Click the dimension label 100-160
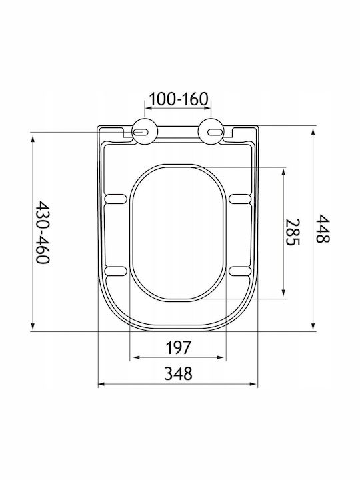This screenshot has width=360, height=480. [x=179, y=99]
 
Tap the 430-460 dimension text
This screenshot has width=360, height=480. [x=43, y=233]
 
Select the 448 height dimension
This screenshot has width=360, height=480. [x=323, y=229]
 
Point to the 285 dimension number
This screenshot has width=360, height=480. [x=293, y=232]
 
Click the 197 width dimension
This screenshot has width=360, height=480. [x=178, y=347]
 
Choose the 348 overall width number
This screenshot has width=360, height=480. [x=178, y=373]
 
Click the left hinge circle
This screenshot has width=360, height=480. [x=145, y=131]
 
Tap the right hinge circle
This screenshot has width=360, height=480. [x=211, y=131]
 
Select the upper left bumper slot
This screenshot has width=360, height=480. [x=116, y=199]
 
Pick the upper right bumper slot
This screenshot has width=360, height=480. [x=240, y=199]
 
